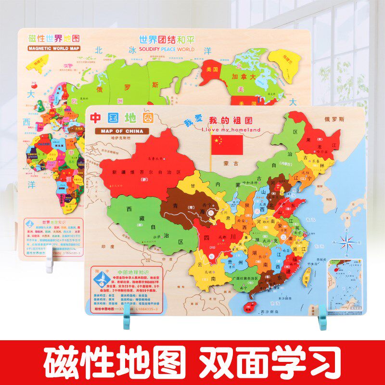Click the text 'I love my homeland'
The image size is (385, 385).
click(x=231, y=129)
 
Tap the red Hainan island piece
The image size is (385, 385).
click(x=249, y=306)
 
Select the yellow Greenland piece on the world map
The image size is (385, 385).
click(x=284, y=58)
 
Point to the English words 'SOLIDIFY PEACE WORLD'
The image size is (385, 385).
click(x=167, y=49)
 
